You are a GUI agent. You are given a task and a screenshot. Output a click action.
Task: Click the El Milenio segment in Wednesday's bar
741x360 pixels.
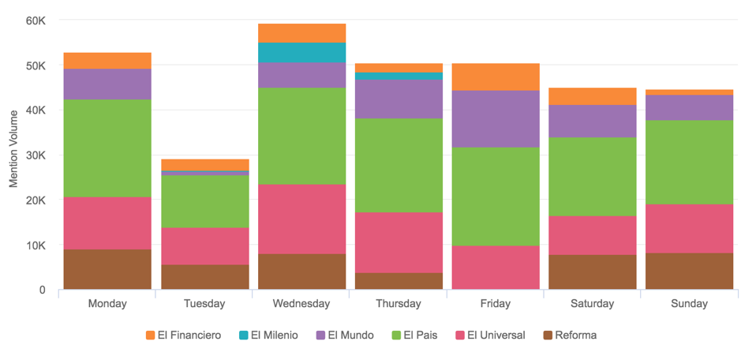[x=301, y=53]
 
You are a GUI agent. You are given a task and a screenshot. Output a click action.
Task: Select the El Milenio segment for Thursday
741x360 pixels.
[x=399, y=77]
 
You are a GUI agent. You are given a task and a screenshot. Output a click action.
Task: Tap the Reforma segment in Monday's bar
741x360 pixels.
[x=107, y=269]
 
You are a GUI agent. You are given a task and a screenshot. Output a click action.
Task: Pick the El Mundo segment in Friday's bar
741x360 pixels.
[x=496, y=119]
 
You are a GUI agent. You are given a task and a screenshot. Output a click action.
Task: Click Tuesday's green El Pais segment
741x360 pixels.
[x=204, y=201]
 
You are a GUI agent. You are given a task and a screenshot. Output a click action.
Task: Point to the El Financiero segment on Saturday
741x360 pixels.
[x=593, y=96]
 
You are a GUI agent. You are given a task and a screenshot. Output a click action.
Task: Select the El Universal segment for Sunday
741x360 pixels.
[x=690, y=228]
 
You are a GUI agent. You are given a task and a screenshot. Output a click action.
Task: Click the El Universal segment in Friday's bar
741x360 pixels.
[x=496, y=267]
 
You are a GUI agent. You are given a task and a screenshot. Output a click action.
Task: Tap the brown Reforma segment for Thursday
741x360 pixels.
[x=399, y=281]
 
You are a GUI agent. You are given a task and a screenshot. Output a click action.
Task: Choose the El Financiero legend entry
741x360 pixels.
[x=183, y=336]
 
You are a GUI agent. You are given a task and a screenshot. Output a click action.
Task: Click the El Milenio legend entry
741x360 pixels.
[x=270, y=336]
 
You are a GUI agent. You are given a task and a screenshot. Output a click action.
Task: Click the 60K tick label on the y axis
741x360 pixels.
[x=36, y=21]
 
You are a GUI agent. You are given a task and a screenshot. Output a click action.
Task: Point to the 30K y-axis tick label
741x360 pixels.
[x=36, y=156]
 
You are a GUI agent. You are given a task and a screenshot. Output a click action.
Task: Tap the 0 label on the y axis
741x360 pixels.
[x=43, y=291]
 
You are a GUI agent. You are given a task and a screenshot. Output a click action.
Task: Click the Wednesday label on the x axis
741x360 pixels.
[x=301, y=304]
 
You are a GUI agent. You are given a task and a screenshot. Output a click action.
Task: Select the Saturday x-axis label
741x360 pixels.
[x=593, y=304]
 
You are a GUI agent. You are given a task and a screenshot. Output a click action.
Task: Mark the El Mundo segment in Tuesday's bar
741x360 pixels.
[x=204, y=173]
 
